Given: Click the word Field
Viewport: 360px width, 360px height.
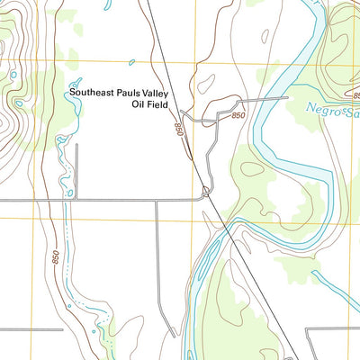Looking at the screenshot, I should click(x=158, y=104).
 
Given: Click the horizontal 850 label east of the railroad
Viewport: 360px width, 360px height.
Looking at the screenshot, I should click(x=238, y=116).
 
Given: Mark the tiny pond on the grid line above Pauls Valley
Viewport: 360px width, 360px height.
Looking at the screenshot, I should click(x=132, y=62).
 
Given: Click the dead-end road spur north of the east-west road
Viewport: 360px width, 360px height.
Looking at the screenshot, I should click(x=76, y=171).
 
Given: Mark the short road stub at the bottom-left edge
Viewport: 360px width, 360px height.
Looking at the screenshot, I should click(x=31, y=329).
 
